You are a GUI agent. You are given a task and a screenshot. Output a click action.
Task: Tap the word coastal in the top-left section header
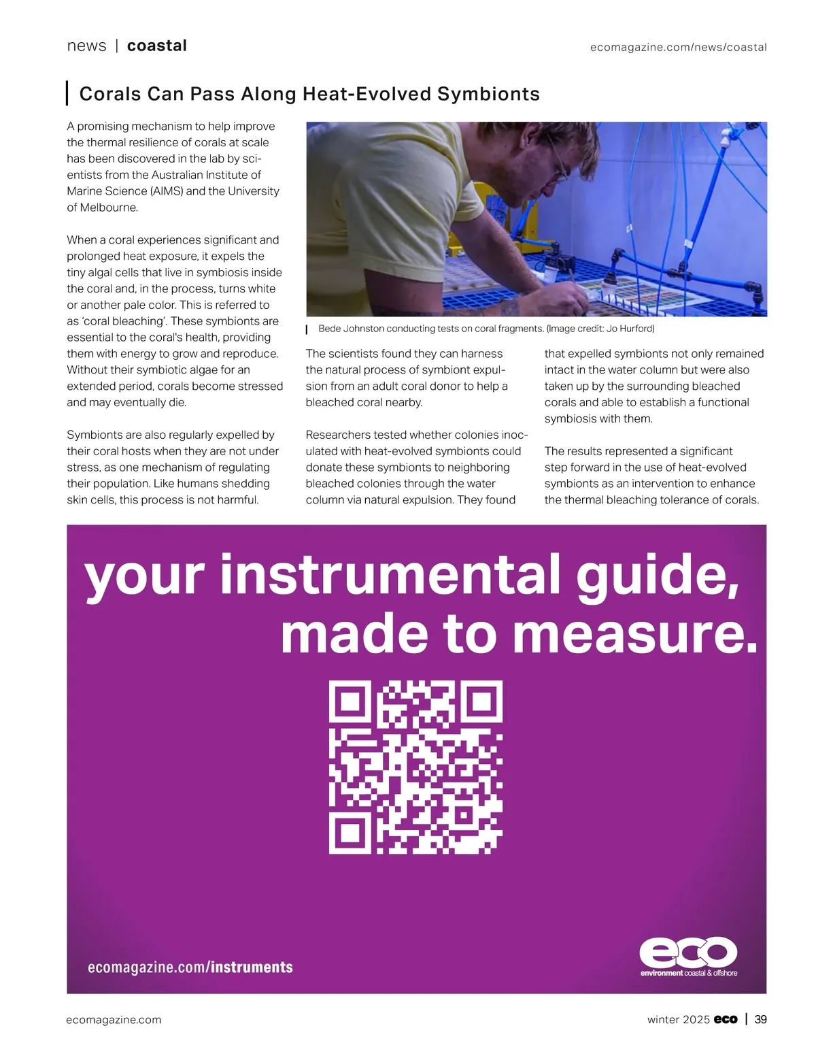[156, 46]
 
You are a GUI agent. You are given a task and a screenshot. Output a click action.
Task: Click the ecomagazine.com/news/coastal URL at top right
[678, 47]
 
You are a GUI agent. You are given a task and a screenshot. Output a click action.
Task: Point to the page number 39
[761, 1019]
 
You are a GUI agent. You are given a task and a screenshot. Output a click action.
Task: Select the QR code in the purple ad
[415, 767]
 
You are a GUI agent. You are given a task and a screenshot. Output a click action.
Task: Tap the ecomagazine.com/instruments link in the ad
[190, 967]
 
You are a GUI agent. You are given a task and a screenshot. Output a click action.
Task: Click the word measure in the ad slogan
[634, 634]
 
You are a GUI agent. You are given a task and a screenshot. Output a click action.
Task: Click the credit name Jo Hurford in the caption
[628, 329]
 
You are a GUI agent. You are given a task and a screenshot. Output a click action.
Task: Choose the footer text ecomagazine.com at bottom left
[114, 1019]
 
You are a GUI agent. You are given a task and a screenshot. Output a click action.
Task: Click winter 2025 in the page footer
[678, 1019]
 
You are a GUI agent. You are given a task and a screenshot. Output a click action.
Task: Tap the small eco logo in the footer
[726, 1019]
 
